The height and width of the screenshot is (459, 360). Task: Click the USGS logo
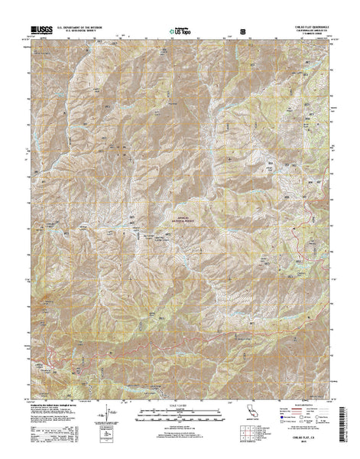[x=38, y=30]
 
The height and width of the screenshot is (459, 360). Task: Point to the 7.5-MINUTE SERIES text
[x=309, y=35]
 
